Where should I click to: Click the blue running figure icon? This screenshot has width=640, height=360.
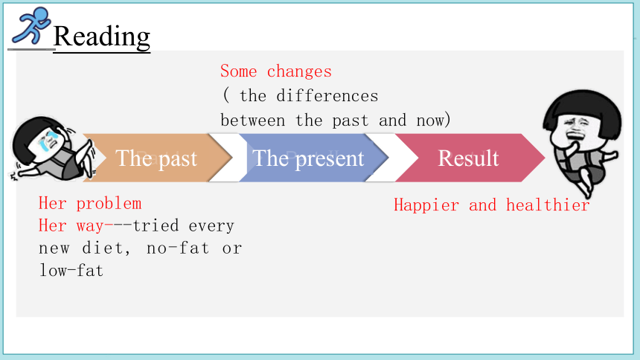click(31, 25)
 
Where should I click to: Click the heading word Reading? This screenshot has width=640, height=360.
click(102, 36)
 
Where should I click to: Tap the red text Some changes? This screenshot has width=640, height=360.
click(276, 71)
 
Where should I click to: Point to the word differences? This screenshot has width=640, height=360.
click(327, 96)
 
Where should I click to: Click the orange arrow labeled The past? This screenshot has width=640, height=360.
click(157, 158)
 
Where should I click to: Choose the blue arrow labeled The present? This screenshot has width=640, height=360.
click(313, 158)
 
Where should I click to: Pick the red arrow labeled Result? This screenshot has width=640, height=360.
click(470, 158)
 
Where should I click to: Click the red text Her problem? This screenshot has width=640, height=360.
click(90, 203)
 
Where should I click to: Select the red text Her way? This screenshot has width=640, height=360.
click(71, 225)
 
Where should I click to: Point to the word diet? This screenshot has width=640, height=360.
click(106, 248)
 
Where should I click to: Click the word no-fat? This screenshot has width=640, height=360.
click(178, 248)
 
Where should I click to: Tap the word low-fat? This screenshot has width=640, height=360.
click(71, 270)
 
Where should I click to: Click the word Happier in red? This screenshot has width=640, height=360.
click(426, 205)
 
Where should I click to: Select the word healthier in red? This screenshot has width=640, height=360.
click(548, 205)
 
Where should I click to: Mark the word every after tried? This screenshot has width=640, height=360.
click(211, 225)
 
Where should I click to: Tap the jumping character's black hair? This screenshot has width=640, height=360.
click(583, 104)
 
